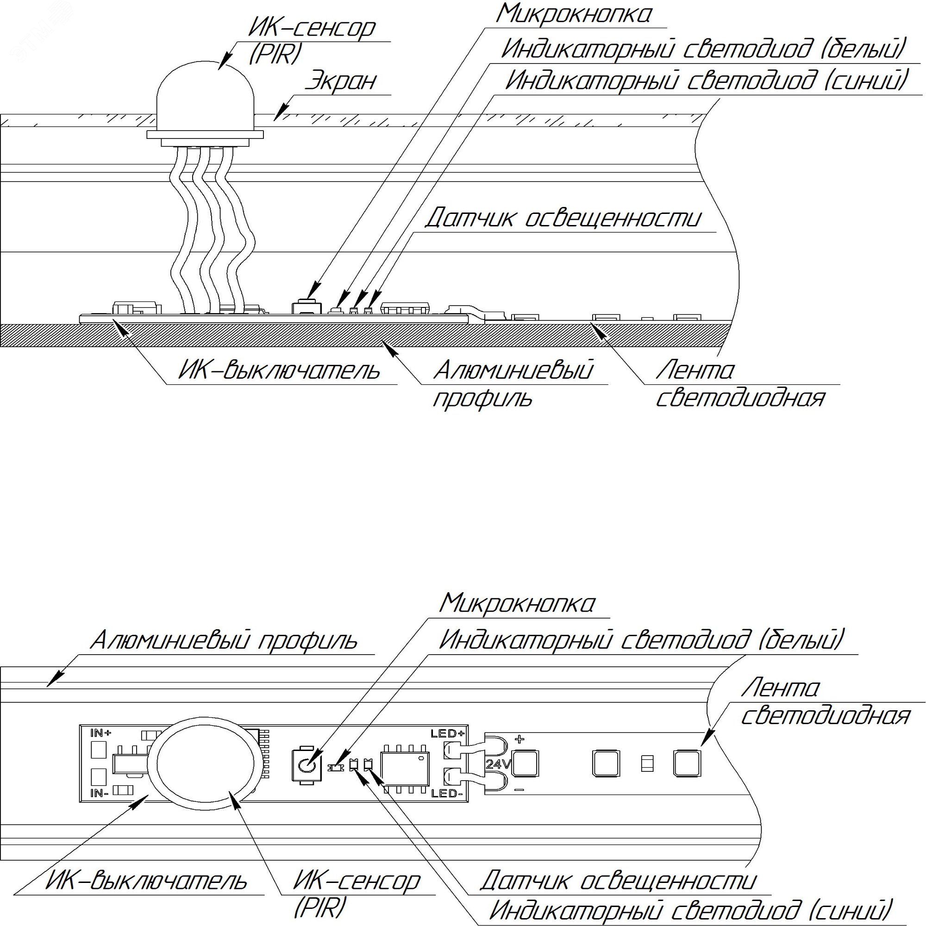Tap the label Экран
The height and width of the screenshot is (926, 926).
coord(341,81)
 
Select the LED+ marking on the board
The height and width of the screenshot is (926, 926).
coord(448,733)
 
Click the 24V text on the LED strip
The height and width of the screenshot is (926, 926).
coord(499,764)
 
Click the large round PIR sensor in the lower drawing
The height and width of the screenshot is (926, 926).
coord(205,763)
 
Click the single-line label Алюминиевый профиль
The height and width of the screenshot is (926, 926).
coord(224,641)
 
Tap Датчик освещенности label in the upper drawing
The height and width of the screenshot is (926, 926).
coord(563,219)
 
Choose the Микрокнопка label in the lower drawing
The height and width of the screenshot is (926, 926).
coord(517,603)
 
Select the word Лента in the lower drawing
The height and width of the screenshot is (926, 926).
coord(780,689)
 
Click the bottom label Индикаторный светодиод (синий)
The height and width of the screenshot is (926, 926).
coord(691,909)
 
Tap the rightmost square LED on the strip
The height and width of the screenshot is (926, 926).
coord(687,763)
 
